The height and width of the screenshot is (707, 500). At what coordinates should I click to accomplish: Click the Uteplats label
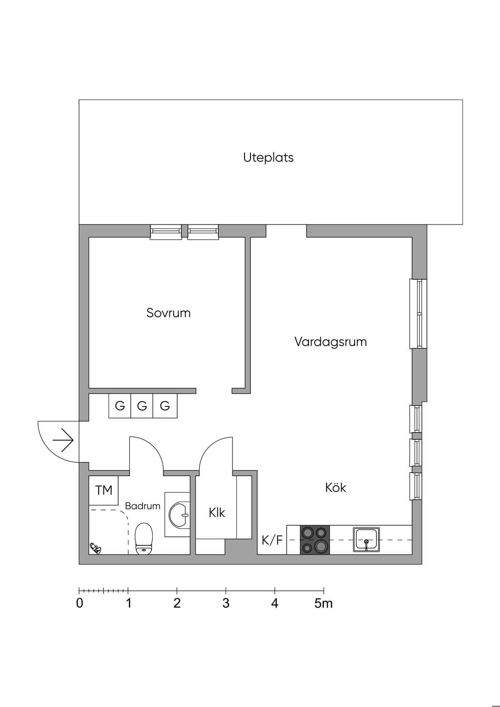268,158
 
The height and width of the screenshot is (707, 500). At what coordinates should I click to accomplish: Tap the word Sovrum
168,313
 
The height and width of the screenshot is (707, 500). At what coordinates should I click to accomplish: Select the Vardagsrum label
331,342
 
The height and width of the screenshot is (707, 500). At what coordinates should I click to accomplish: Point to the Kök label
335,488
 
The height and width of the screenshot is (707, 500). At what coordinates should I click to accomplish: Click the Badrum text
143,506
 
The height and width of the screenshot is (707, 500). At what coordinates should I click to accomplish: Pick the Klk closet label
217,513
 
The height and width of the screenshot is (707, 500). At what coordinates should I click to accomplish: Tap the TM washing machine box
104,490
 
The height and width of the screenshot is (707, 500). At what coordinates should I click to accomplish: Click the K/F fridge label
272,541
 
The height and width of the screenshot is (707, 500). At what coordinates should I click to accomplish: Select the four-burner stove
314,540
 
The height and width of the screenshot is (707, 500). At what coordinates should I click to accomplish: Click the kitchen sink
366,540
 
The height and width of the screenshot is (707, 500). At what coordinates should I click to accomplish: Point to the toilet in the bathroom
144,538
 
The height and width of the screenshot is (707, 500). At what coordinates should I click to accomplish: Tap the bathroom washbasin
179,515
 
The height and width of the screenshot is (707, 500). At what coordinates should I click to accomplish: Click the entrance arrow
63,440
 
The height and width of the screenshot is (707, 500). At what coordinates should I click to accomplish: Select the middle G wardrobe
142,406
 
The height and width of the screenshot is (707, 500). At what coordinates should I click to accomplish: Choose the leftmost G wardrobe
120,406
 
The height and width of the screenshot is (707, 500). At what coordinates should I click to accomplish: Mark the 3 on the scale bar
226,603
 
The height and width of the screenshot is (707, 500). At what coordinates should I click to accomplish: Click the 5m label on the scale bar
323,603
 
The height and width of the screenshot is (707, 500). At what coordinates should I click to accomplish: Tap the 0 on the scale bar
80,603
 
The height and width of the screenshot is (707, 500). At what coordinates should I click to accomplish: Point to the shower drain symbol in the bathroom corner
95,548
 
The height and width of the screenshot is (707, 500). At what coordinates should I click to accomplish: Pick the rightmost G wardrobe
165,406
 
